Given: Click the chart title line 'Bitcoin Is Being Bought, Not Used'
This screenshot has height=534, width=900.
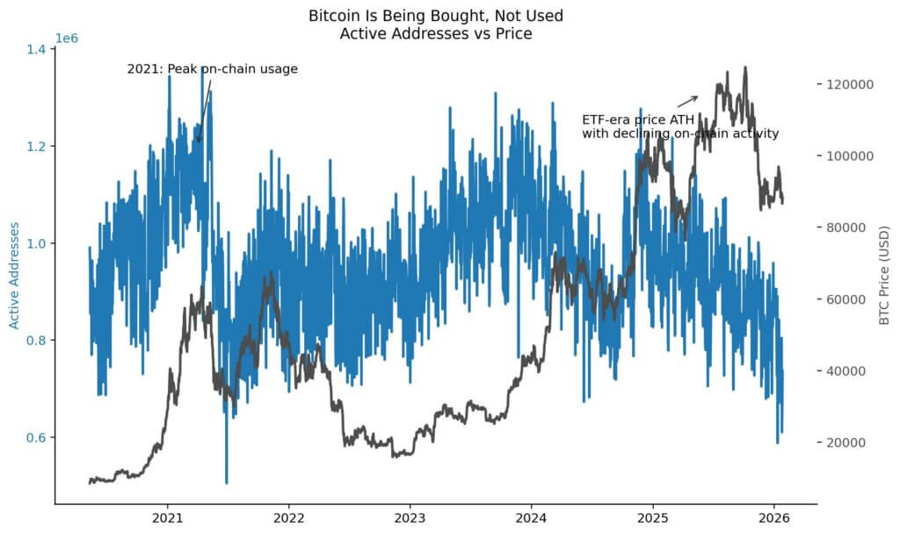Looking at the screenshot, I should (436, 16).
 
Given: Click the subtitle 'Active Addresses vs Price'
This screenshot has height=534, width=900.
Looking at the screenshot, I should (436, 33).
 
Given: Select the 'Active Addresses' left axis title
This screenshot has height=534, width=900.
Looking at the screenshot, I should (14, 275).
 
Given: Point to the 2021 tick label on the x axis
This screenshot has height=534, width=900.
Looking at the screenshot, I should (168, 516).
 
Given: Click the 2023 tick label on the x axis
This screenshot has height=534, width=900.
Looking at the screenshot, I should (410, 516).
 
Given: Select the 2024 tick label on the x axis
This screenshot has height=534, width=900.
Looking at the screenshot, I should (531, 516).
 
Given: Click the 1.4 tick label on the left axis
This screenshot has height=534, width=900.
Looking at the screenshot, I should (35, 49).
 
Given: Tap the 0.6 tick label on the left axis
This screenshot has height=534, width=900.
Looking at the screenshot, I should (35, 437).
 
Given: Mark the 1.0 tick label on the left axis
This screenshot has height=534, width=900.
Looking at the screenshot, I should (35, 243).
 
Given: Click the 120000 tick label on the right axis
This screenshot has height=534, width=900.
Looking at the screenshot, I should (848, 84).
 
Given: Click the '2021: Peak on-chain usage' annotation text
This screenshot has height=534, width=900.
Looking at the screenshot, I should (212, 69).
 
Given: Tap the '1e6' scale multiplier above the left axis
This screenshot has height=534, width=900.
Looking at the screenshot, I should (69, 40).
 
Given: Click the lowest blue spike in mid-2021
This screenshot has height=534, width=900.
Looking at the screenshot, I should (226, 481).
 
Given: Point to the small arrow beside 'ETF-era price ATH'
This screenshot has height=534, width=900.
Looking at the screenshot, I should (687, 101).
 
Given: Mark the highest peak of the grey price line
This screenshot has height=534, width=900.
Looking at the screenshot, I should (745, 68).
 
